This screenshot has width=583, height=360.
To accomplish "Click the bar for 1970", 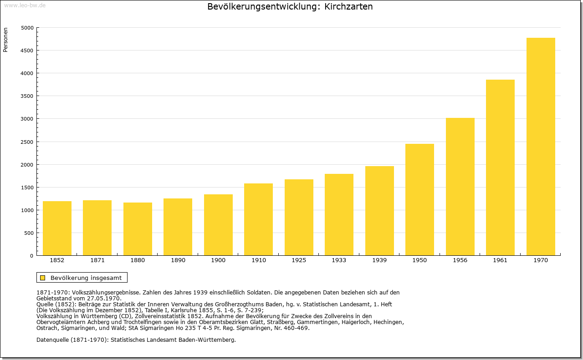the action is click(541, 147).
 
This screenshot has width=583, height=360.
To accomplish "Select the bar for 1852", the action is click(57, 228).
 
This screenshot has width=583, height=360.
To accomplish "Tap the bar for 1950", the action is click(419, 200).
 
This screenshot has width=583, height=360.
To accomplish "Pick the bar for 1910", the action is click(258, 219).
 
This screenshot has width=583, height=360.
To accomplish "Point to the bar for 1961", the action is click(500, 167).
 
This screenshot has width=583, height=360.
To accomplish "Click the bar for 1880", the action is click(138, 229).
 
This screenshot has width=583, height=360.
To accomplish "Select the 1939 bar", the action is click(379, 211).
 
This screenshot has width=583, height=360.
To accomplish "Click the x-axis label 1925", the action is click(299, 260).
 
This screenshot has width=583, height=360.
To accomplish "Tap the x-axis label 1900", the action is click(218, 260).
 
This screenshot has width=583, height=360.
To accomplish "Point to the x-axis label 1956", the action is click(460, 260).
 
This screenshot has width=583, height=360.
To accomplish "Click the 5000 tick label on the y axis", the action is click(27, 28).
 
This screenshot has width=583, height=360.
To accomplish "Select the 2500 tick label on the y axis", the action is click(27, 142).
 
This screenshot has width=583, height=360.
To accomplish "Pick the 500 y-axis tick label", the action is click(29, 233).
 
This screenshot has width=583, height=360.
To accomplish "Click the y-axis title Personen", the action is click(5, 40).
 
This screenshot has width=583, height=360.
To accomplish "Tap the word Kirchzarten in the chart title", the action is click(348, 6).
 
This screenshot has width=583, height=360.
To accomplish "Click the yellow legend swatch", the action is click(42, 278).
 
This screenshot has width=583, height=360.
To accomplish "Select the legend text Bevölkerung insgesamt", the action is click(86, 278).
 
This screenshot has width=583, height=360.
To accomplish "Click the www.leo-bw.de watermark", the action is click(25, 5).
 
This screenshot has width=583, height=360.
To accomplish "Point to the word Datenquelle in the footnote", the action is click(53, 340).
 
